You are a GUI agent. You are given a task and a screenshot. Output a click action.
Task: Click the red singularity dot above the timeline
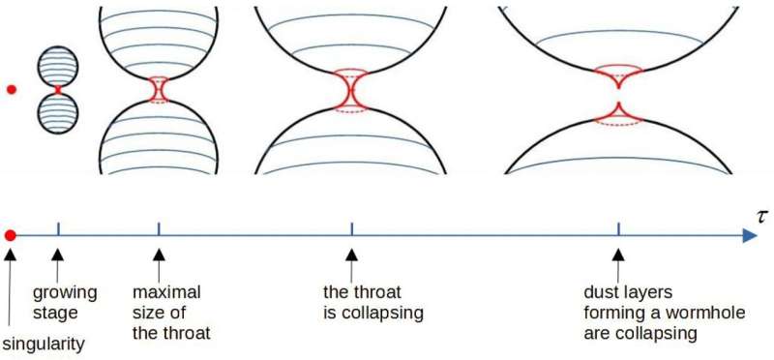pyautogui.click(x=12, y=90)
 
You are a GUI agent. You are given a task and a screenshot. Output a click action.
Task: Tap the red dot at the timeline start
pyautogui.click(x=10, y=235)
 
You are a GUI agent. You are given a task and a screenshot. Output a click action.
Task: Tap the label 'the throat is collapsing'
pyautogui.click(x=373, y=301)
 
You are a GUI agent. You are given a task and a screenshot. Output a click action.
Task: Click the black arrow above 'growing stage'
pyautogui.click(x=58, y=256)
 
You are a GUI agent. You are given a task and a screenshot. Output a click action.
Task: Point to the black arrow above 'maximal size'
pyautogui.click(x=158, y=256)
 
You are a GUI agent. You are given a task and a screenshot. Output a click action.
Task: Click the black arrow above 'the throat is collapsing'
pyautogui.click(x=351, y=256)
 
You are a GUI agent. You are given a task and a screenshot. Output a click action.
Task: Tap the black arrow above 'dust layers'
pyautogui.click(x=617, y=256)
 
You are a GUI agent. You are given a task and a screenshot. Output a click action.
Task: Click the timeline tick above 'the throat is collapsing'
pyautogui.click(x=351, y=229)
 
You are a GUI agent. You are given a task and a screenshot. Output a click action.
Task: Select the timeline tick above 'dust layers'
pyautogui.click(x=618, y=229)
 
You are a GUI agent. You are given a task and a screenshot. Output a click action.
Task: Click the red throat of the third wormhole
pyautogui.click(x=350, y=92)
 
